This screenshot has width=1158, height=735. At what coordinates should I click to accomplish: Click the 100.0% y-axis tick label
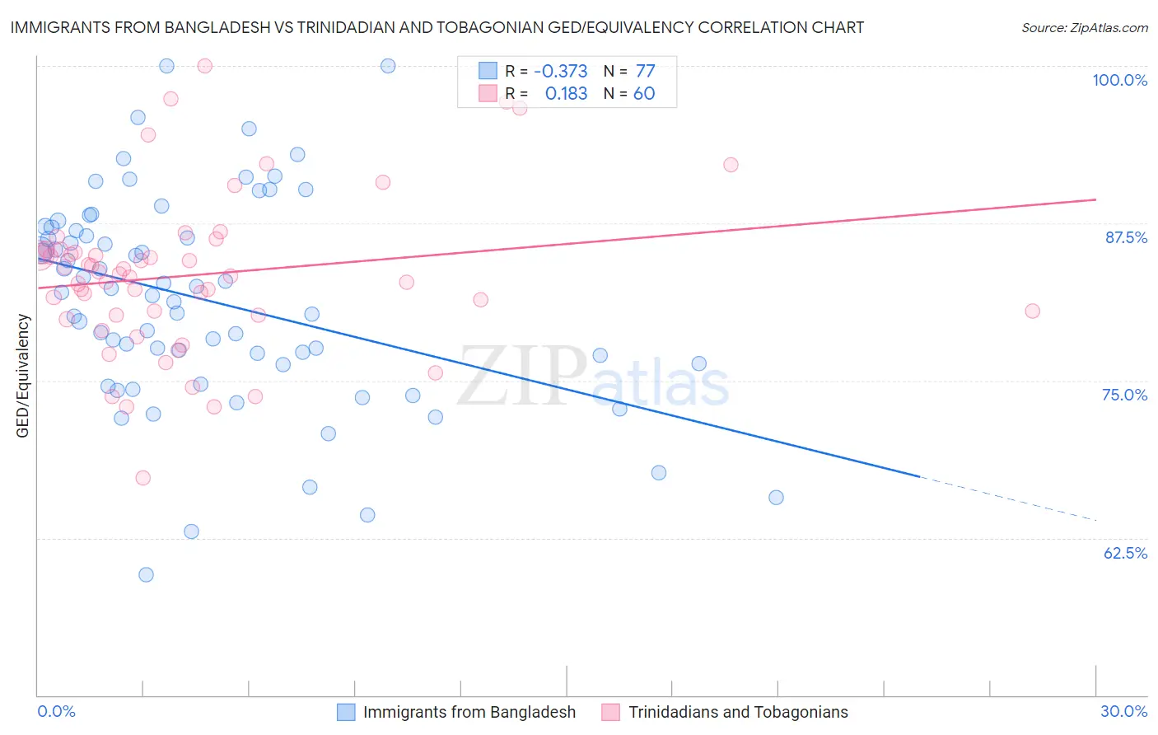(1119, 80)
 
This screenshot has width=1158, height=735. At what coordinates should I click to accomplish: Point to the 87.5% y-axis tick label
(1125, 237)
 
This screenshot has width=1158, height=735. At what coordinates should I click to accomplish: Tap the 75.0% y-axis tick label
(1124, 395)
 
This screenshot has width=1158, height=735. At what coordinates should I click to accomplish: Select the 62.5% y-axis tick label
(1124, 553)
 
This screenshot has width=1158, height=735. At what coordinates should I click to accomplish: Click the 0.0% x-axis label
(56, 711)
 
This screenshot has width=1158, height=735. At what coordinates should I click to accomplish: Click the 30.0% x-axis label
(1123, 711)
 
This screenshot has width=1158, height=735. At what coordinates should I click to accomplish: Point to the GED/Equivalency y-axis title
(23, 376)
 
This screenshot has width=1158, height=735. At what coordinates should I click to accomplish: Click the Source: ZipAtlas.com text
(1084, 28)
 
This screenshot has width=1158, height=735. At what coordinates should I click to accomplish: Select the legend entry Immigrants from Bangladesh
(469, 712)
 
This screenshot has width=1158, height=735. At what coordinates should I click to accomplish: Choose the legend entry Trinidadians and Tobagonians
(738, 712)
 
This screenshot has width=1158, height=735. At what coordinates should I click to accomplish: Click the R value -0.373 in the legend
(560, 71)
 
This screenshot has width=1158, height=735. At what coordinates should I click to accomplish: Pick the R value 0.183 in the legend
(566, 94)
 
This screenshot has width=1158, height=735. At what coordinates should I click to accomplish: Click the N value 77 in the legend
(645, 71)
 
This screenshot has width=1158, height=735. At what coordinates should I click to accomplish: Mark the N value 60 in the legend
(644, 94)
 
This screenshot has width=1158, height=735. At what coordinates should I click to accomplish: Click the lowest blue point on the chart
(146, 574)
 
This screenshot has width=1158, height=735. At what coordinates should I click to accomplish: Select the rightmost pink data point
(1032, 311)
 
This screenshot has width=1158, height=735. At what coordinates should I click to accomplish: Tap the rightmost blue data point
(776, 497)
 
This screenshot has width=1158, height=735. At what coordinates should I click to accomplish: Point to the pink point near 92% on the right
(731, 165)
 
